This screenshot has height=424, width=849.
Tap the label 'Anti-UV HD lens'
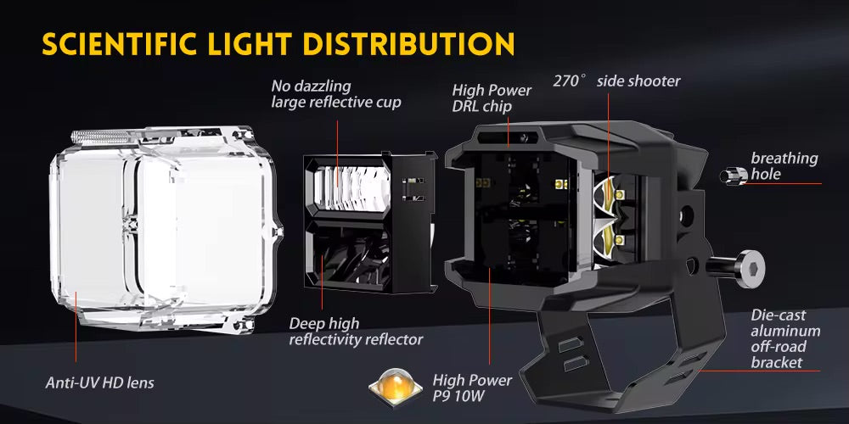[100, 383]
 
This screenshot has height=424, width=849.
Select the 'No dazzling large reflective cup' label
[336, 94]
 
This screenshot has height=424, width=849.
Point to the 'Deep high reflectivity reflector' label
[356, 332]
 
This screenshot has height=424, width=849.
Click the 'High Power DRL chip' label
[492, 98]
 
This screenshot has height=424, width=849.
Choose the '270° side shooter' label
[616, 81]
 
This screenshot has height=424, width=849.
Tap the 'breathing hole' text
[784, 166]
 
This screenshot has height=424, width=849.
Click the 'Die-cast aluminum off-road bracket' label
[785, 339]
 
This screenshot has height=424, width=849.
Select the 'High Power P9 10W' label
[472, 388]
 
